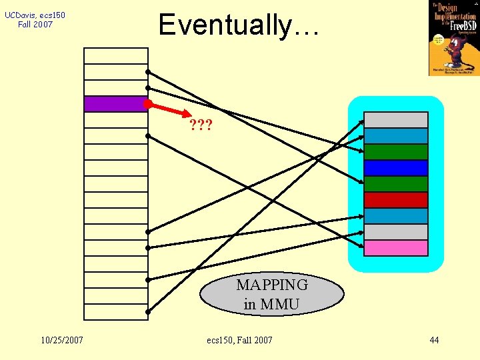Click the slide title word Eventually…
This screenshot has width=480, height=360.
point(239,25)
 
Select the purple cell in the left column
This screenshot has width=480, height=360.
point(115,104)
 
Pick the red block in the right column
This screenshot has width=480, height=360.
point(395,200)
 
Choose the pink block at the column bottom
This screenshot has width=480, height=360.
point(395,248)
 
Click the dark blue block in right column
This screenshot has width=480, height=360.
point(395,168)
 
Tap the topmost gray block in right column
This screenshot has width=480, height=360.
point(395,120)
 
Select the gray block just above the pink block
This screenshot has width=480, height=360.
point(395,232)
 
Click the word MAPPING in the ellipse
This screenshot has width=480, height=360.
point(272,285)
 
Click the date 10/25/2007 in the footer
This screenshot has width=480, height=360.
point(61,340)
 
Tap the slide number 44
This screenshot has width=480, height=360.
point(434,340)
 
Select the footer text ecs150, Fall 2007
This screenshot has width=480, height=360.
point(239,340)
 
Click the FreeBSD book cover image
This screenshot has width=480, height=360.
point(454,38)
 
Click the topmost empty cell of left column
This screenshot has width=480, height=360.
point(115,55)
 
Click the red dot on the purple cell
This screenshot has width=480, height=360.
point(148,104)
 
